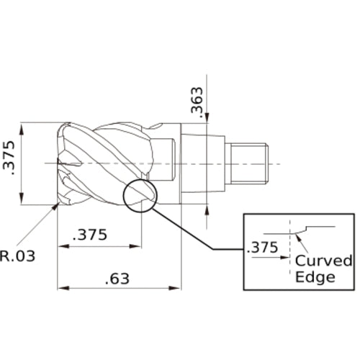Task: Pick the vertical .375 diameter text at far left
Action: [x=11, y=165]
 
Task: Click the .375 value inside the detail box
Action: [x=262, y=248]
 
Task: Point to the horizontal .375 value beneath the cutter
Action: [x=91, y=235]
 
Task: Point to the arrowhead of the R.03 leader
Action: [x=57, y=207]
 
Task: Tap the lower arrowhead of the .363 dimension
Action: [x=207, y=208]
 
